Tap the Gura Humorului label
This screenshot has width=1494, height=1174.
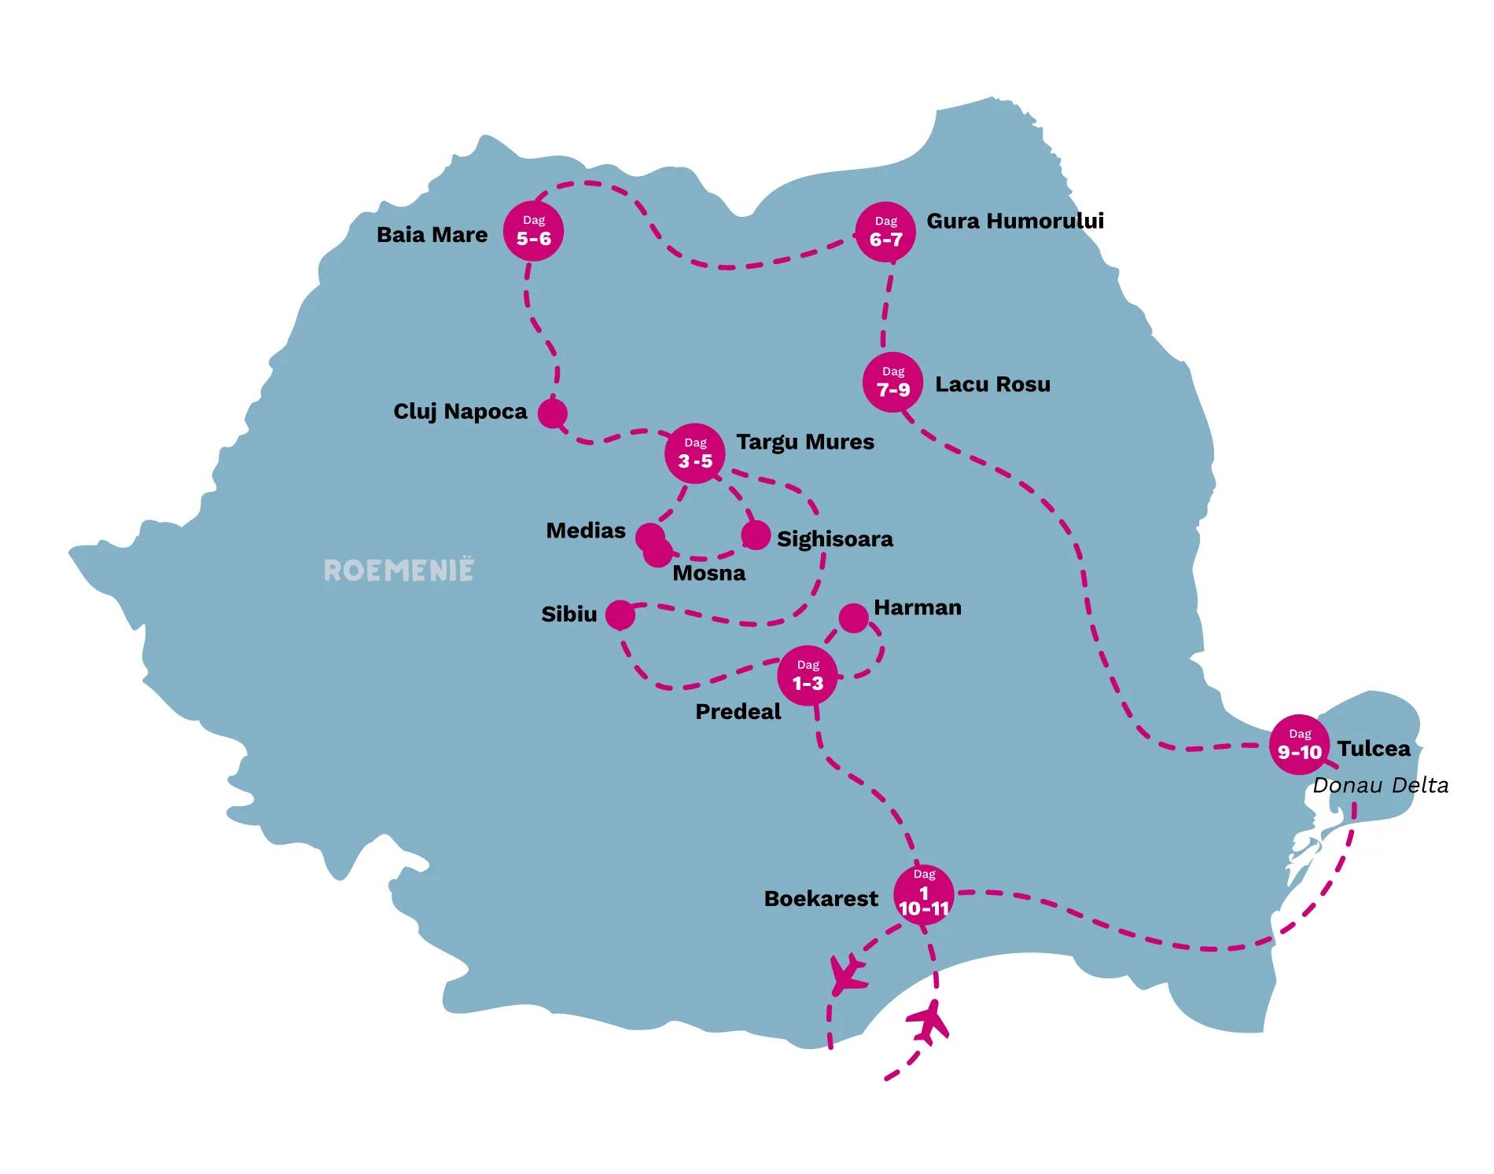coord(1015,221)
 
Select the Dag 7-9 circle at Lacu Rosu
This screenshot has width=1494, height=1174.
coord(893,382)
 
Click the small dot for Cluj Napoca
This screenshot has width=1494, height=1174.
coord(553,413)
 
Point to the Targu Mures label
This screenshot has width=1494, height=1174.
coord(805,442)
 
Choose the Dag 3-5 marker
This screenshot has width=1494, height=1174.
coord(695,454)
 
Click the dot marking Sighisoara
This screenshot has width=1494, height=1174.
coord(756,535)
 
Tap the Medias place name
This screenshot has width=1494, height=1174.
coord(586,530)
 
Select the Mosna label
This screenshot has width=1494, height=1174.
coord(709,573)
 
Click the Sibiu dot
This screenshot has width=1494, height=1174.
coord(620,615)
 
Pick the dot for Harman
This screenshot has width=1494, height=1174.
coord(853,618)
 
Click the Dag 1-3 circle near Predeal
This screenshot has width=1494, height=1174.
coord(808,677)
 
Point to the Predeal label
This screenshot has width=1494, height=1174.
coord(738,712)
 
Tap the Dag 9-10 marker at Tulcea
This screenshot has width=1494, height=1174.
coord(1300,745)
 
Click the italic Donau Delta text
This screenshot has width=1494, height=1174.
coord(1381,786)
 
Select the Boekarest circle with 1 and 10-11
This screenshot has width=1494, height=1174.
coord(924,895)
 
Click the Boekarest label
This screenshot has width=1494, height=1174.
coord(821,899)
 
